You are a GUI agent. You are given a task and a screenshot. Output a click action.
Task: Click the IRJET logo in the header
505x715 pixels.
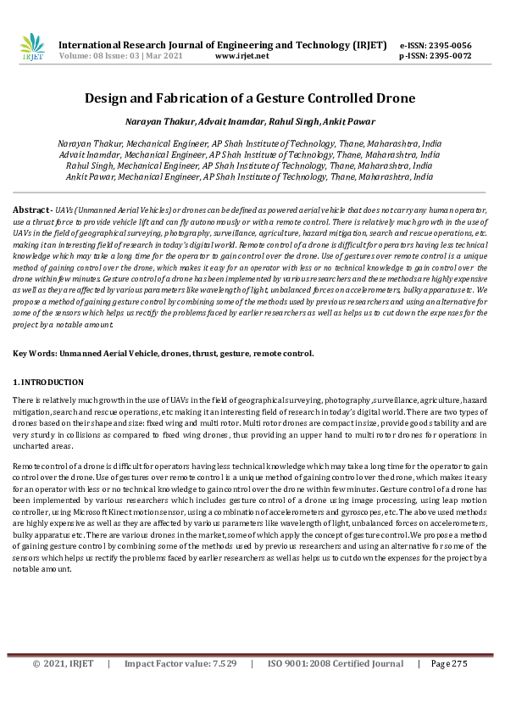coord(31,47)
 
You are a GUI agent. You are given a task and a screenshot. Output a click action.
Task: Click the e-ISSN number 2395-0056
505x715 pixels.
coord(451,45)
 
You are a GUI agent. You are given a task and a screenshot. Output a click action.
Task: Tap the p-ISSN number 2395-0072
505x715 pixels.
coord(451,56)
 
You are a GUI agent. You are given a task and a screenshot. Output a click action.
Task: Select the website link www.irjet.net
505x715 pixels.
coord(241,56)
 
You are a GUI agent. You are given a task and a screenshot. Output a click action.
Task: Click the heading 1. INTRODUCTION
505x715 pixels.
coord(47,383)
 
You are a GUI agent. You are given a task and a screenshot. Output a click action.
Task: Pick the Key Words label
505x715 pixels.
coord(37,353)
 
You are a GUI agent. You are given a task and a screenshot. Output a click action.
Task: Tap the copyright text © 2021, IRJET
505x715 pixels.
coord(63,663)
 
